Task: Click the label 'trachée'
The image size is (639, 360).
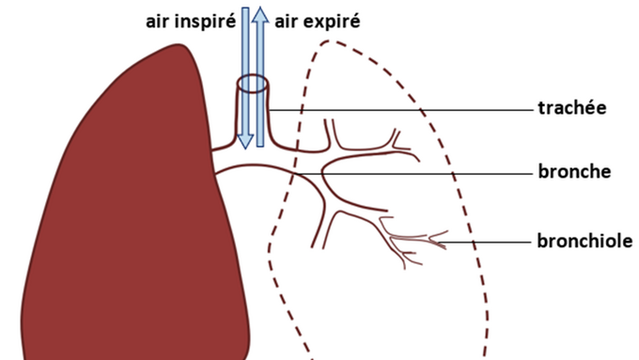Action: [x=571, y=108]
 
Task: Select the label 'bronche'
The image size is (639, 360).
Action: [x=574, y=171]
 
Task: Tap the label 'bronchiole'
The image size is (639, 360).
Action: [x=584, y=241]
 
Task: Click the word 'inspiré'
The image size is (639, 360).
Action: [x=205, y=22]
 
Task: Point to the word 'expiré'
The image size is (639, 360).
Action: [x=331, y=22]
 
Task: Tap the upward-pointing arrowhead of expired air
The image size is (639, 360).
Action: [x=260, y=14]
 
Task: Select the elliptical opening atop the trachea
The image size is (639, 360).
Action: [x=253, y=84]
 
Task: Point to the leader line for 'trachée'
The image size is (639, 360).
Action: [x=400, y=110]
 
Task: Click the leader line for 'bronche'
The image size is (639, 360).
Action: [x=414, y=174]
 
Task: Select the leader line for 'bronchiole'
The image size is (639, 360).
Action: [x=485, y=243]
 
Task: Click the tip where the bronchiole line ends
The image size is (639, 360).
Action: [x=439, y=243]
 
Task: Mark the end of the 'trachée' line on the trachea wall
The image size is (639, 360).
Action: [x=269, y=110]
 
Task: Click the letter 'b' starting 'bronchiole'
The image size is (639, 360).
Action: [x=542, y=240]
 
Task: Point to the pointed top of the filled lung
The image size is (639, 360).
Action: [x=179, y=44]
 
